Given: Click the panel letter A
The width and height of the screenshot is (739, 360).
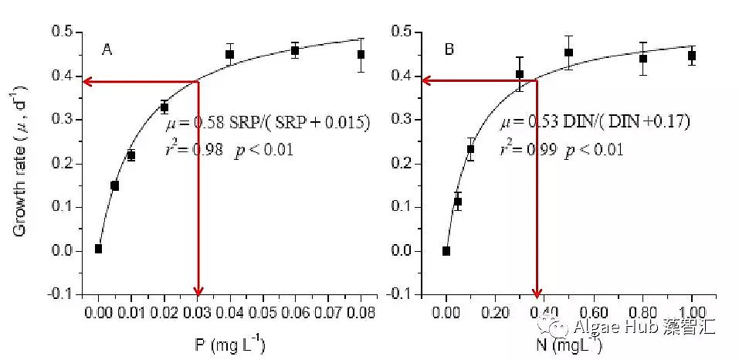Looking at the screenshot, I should pyautogui.click(x=108, y=51).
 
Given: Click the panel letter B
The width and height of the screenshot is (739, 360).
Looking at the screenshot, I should pyautogui.click(x=449, y=51).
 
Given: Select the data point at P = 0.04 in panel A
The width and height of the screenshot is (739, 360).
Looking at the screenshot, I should pyautogui.click(x=230, y=54).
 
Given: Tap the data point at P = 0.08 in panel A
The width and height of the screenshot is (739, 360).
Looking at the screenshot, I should pyautogui.click(x=361, y=54).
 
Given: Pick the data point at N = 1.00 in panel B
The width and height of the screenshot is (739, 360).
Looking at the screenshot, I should pyautogui.click(x=692, y=55).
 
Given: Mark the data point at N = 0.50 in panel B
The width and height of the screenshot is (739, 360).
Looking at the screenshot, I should pyautogui.click(x=569, y=53).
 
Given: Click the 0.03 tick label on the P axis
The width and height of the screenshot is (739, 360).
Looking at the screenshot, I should pyautogui.click(x=197, y=313).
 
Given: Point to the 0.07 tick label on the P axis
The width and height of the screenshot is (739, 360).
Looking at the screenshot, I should pyautogui.click(x=328, y=313).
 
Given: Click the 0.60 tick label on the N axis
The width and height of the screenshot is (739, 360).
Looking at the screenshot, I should pyautogui.click(x=569, y=313).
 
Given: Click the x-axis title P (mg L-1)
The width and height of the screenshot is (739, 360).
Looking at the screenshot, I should pyautogui.click(x=229, y=345).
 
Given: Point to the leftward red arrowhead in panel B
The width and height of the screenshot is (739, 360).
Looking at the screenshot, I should pyautogui.click(x=427, y=79).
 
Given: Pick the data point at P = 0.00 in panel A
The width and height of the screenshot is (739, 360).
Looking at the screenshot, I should pyautogui.click(x=99, y=248).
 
